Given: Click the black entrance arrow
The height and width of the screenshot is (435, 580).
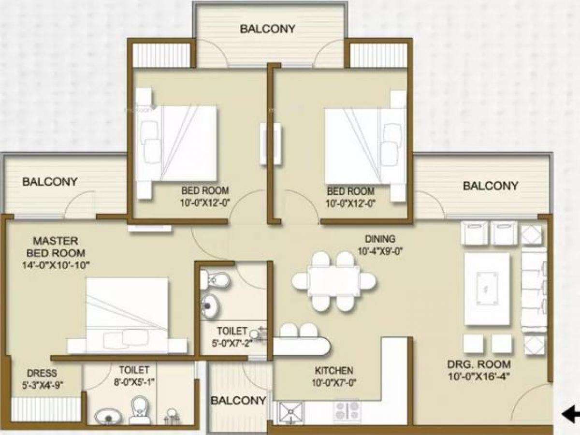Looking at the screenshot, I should [570, 414].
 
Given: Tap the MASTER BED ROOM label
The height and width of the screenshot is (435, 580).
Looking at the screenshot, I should [56, 246].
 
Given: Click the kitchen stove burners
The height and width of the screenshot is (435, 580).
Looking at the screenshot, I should [347, 411].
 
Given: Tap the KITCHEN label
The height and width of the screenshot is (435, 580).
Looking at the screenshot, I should [333, 371].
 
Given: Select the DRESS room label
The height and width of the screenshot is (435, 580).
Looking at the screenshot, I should [42, 373].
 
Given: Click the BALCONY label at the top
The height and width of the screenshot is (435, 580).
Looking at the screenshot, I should [267, 29].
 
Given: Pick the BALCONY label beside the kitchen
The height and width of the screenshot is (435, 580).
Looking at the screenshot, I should [238, 401].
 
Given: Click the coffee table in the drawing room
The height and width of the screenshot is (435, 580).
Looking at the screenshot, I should [487, 289].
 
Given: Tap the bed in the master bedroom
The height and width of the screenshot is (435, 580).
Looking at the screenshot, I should [127, 314].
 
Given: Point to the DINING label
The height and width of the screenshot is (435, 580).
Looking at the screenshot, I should [380, 239].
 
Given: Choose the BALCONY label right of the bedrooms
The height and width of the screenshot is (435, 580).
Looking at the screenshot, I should [490, 186].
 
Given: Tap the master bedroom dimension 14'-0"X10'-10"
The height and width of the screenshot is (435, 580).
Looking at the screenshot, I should [56, 265].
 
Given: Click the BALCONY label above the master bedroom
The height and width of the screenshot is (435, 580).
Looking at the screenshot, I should [49, 182].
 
